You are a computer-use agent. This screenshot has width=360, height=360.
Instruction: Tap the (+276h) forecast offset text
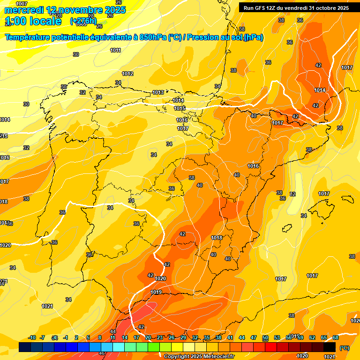click(83, 21)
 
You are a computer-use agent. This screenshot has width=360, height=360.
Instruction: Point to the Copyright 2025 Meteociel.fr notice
click(200, 356)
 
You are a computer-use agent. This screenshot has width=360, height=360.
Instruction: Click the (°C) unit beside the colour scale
click(345, 347)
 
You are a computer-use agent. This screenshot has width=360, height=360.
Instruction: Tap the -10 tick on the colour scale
click(32, 337)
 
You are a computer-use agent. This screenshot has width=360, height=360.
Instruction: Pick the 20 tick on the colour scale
click(148, 337)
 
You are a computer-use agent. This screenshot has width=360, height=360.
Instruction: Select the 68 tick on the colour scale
click(336, 337)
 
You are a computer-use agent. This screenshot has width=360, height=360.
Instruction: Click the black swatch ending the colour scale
click(330, 347)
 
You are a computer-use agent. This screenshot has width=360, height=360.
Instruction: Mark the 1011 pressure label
click(116, 50)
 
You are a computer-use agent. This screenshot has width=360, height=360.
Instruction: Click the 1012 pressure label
click(127, 74)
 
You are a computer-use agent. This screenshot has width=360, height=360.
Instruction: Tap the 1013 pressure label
click(158, 92)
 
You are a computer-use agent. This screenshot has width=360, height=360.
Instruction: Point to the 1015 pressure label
click(180, 108)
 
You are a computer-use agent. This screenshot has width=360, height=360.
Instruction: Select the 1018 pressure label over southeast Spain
click(217, 238)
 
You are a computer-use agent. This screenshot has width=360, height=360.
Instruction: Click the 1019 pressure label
click(157, 292)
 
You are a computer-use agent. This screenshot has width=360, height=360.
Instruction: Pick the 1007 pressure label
click(22, 4)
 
